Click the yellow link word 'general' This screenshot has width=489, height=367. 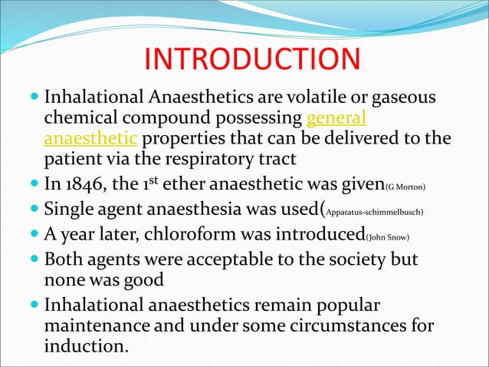click(x=336, y=120)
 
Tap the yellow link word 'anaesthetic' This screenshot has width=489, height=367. click(x=91, y=140)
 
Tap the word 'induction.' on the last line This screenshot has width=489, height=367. click(x=87, y=346)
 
